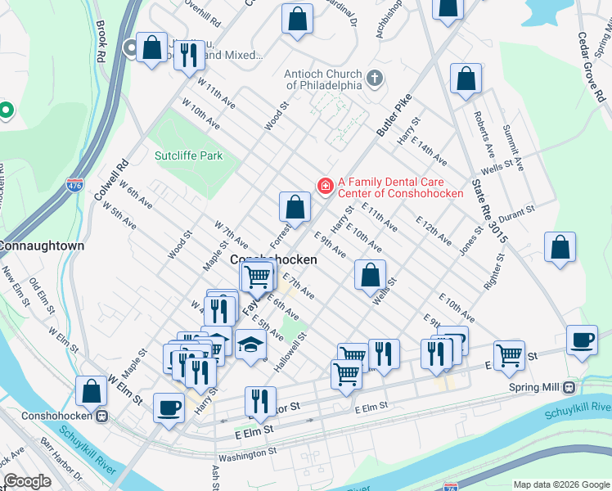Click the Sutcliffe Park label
click(188, 155)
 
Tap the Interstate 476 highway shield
click(76, 186)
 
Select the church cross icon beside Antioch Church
click(375, 79)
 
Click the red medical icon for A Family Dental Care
click(325, 187)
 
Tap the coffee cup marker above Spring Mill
click(582, 341)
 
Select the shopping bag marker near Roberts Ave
click(466, 80)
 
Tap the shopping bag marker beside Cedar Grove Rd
click(560, 248)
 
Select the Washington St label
click(248, 453)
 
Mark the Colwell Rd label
click(112, 175)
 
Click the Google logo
click(27, 481)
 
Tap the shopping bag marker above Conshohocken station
click(91, 391)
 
